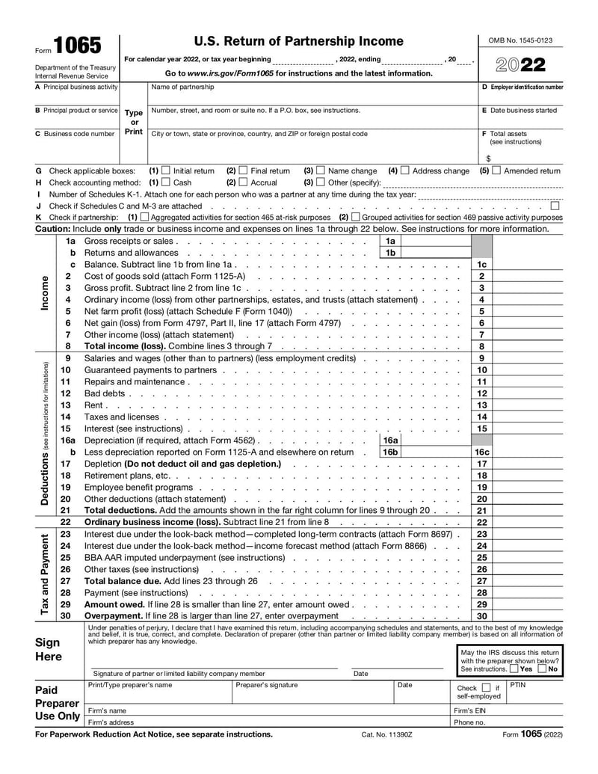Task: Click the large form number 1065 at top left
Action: point(78,46)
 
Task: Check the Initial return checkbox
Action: point(166,171)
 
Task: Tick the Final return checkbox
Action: point(243,171)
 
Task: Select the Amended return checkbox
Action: point(496,171)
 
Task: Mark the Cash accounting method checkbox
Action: point(166,182)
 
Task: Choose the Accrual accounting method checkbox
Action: point(243,182)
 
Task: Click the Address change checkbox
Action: point(405,171)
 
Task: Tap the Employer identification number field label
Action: point(523,87)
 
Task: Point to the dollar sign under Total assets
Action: point(488,159)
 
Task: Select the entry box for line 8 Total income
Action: point(528,346)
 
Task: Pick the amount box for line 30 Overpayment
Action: point(528,615)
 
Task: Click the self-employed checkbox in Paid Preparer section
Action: point(487,687)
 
